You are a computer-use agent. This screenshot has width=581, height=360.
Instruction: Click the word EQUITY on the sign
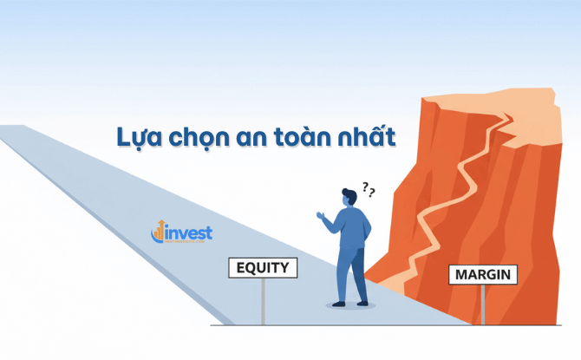pyautogui.click(x=263, y=268)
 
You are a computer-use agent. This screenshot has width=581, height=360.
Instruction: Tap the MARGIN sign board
pyautogui.click(x=483, y=276)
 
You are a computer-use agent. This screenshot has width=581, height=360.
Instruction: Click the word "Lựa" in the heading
pyautogui.click(x=137, y=137)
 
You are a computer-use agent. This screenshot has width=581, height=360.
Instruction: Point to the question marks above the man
pyautogui.click(x=368, y=190)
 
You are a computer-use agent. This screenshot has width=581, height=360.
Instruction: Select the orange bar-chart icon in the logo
pyautogui.click(x=158, y=232)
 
